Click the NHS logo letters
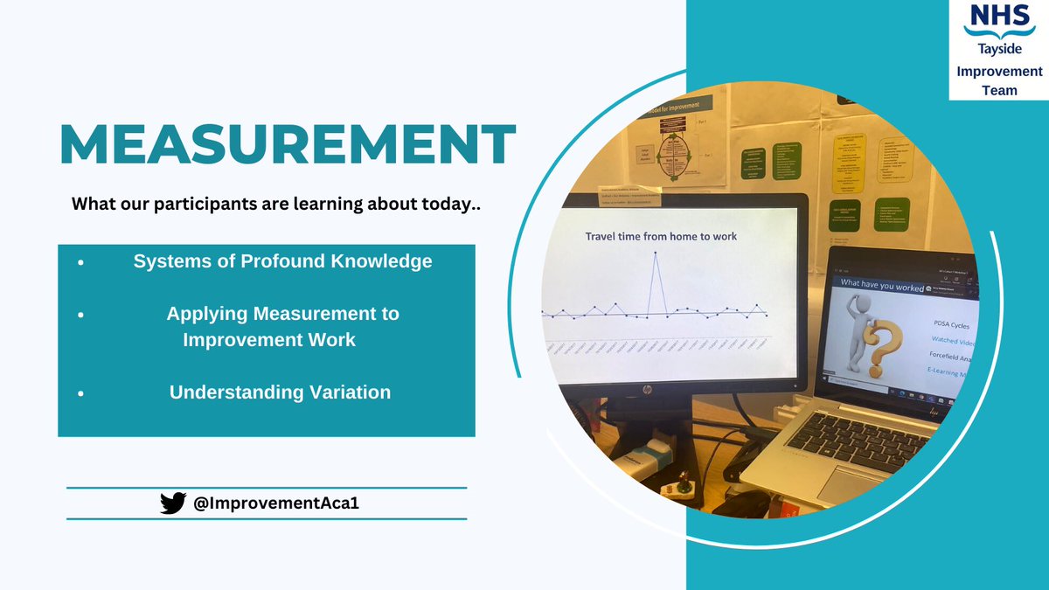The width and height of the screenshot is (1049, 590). (x=998, y=18)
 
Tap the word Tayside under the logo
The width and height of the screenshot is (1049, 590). (x=998, y=51)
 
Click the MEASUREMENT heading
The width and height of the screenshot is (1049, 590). (x=288, y=144)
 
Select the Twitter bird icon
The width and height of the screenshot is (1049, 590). (x=173, y=503)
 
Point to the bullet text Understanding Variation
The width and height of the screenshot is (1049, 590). (x=280, y=392)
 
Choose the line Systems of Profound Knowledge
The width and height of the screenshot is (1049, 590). (x=282, y=261)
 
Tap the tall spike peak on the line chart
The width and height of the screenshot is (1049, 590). (x=656, y=253)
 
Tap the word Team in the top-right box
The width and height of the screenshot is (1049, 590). (x=998, y=89)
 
